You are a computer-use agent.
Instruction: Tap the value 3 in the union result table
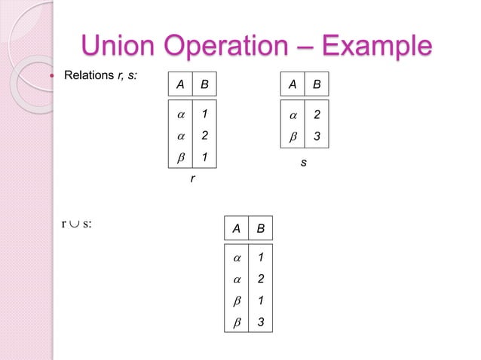(260, 323)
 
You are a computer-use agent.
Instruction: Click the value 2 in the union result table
(260, 279)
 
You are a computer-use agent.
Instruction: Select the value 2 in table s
(317, 117)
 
